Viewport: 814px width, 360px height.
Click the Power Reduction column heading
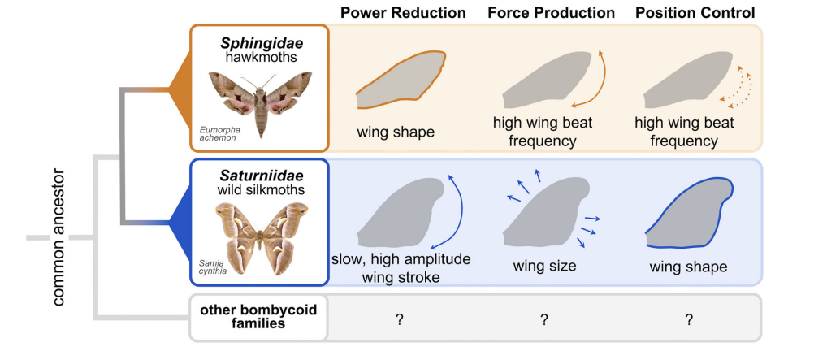click(x=403, y=12)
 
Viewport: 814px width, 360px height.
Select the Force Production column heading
click(x=552, y=12)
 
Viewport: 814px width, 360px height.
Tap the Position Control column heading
click(x=695, y=12)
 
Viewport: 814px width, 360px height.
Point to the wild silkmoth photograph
click(x=260, y=237)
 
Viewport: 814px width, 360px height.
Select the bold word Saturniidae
click(x=261, y=175)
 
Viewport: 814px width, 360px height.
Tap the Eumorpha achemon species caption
click(x=217, y=134)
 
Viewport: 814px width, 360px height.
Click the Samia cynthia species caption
click(x=212, y=267)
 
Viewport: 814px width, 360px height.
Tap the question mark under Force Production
click(x=544, y=320)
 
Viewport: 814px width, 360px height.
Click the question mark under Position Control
click(x=689, y=320)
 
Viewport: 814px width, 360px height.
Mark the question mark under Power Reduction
click(x=399, y=320)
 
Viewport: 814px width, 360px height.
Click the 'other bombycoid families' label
click(x=258, y=317)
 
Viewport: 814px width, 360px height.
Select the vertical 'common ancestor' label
click(x=58, y=236)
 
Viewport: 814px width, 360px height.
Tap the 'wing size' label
click(x=544, y=267)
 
